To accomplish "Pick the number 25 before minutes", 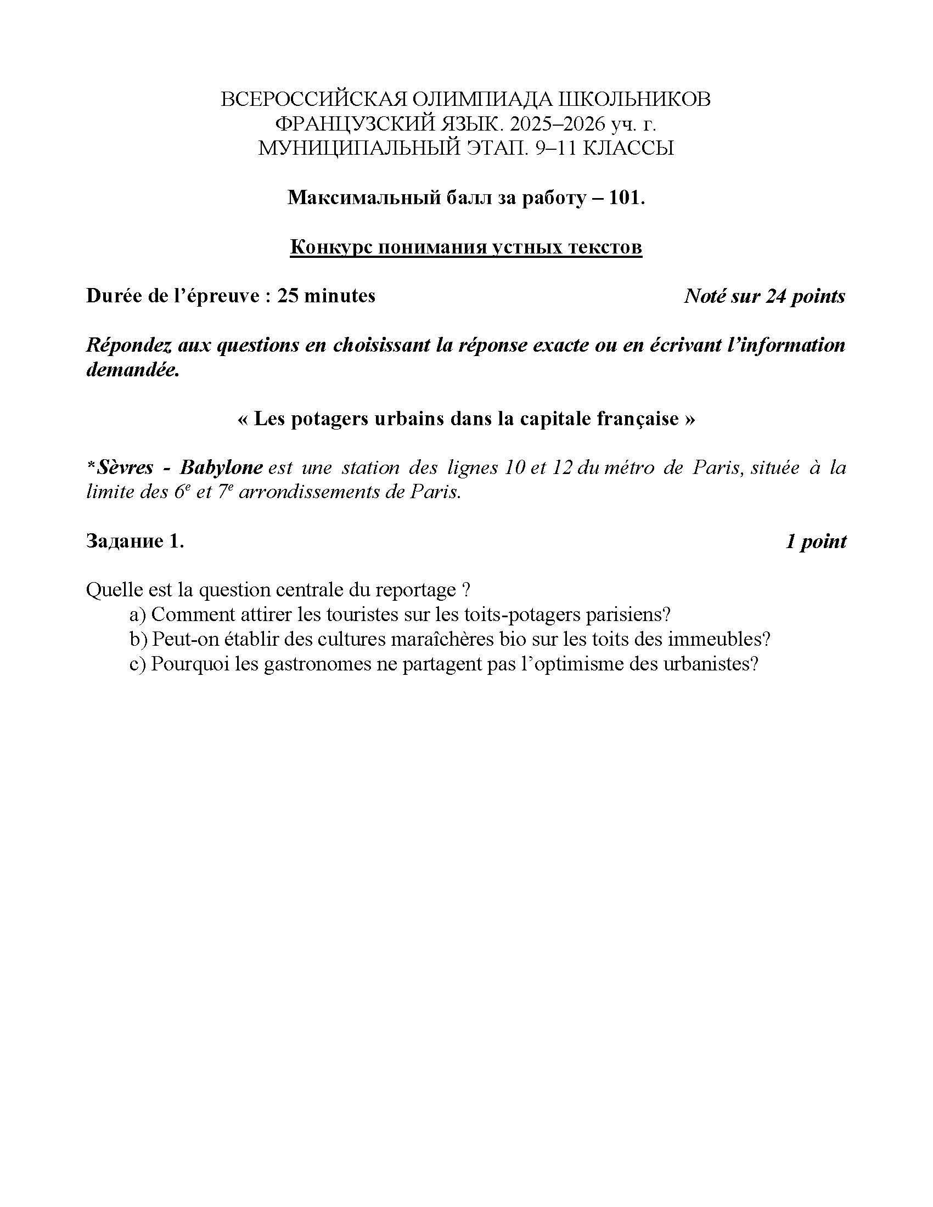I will tap(288, 296).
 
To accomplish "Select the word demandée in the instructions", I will tap(133, 370).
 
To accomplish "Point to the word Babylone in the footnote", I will tap(221, 467).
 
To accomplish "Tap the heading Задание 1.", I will tap(135, 541).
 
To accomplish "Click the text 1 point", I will tap(816, 541).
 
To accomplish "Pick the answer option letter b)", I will tap(138, 639).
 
